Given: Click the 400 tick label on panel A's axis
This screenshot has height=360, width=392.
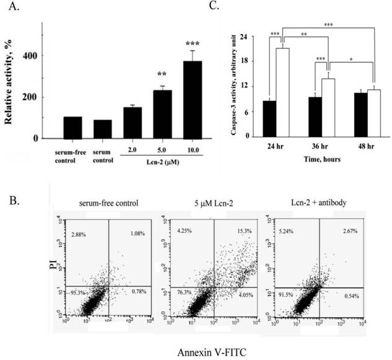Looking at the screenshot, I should (x=30, y=56).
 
